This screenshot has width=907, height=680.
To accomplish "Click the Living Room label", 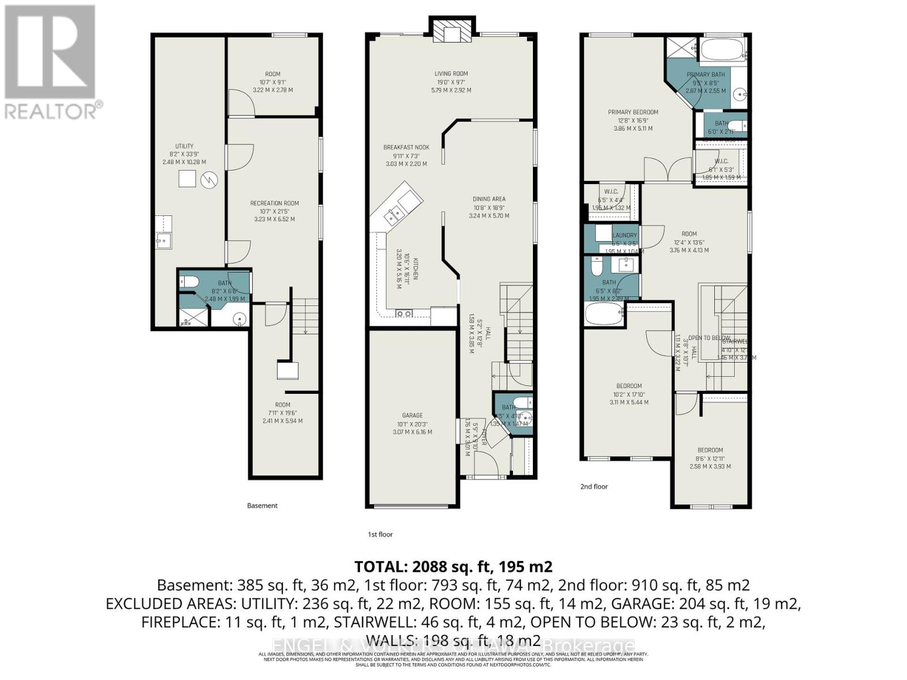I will (x=451, y=74).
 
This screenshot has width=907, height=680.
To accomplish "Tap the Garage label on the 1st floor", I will (x=412, y=415).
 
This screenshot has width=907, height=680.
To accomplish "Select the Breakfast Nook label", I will (x=406, y=147).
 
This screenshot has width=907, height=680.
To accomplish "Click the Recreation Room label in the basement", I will (x=274, y=203).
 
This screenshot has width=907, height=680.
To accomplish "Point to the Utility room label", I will (x=184, y=146).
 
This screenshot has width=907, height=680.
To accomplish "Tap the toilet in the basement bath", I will (x=188, y=280).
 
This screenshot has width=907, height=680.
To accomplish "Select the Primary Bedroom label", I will (x=633, y=112).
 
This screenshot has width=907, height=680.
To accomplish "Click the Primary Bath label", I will (x=706, y=74).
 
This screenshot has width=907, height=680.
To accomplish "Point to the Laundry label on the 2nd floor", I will (x=625, y=235).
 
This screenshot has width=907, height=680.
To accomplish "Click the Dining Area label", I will (x=489, y=199).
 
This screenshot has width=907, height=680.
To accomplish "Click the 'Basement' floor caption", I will (x=262, y=505).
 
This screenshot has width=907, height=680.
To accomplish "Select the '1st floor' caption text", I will (x=380, y=534).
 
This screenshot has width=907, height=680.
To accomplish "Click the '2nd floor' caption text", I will (x=594, y=486).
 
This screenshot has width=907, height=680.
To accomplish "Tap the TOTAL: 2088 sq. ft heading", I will (x=453, y=566).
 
